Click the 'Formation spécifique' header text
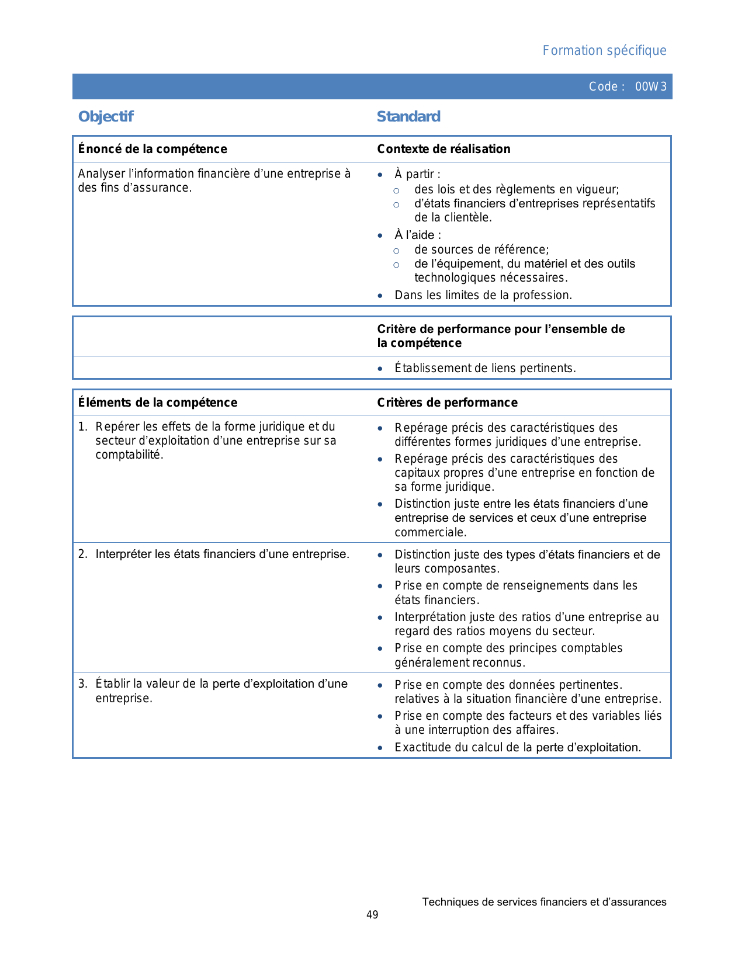point(604,51)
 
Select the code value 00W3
point(650,87)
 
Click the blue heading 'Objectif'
point(106,117)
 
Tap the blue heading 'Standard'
point(408,117)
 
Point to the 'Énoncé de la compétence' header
point(153,149)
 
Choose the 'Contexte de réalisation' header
point(443,149)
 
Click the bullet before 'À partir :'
point(380,175)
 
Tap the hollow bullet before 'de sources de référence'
point(396,251)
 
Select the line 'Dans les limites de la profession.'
point(483,295)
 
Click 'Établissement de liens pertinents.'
point(485,368)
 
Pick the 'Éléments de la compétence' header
point(158,403)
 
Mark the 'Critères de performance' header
point(447,403)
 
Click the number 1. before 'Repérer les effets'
point(82,427)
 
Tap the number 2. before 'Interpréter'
point(82,554)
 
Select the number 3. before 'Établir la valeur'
point(82,684)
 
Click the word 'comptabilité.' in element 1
point(129,455)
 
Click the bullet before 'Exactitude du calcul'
point(380,748)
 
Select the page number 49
point(372,915)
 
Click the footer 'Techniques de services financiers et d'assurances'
point(544,902)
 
